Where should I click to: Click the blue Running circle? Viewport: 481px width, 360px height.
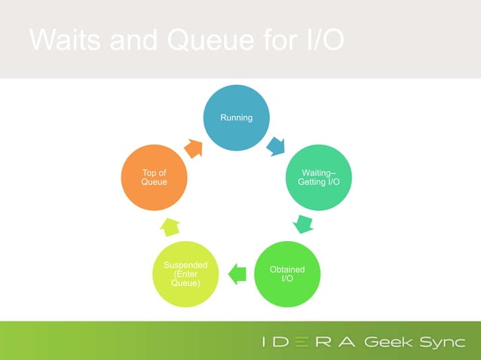pos(236,118)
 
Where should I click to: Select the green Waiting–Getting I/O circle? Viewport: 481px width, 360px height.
pos(320,178)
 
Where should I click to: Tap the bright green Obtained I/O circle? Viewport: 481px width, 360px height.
pos(287,273)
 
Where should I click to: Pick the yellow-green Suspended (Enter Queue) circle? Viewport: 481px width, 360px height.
pos(185,273)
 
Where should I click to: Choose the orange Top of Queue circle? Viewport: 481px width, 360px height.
pos(155,178)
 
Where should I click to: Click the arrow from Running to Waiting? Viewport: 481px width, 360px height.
pos(276,145)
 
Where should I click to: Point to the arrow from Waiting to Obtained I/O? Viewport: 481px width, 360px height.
pos(303,224)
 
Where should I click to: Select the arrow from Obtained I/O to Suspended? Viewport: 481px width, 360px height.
pos(237,273)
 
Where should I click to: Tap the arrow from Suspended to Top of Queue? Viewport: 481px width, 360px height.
pos(170,225)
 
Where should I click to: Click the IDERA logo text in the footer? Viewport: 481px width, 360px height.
pos(308,341)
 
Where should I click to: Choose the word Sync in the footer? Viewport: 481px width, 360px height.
pos(439,341)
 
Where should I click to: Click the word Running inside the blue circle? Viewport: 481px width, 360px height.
pos(236,118)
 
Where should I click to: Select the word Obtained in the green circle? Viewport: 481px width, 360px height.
pos(287,269)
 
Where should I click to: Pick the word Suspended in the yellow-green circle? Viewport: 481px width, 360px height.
pos(185,264)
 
